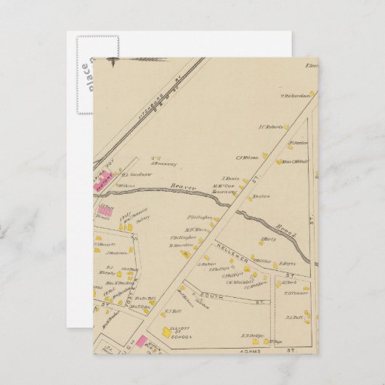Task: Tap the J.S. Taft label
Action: (x=293, y=317)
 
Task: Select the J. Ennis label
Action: (x=230, y=178)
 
